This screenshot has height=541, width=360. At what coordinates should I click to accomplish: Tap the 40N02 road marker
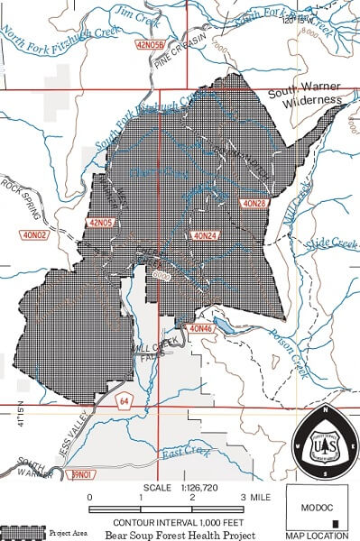point(34,235)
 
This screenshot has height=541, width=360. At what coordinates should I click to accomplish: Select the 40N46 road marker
point(202,329)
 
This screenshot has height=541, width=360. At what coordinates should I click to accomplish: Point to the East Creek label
point(184,461)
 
